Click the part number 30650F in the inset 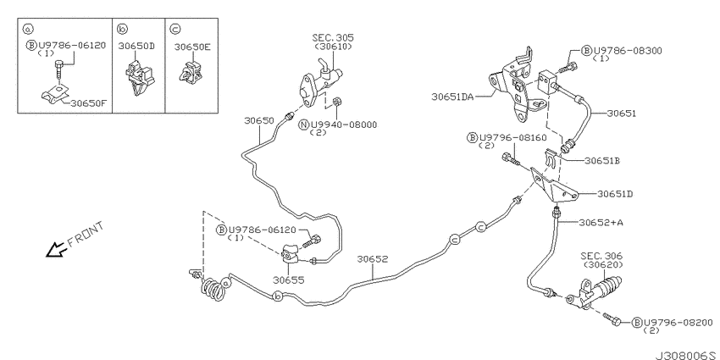(88, 102)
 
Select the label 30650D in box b (136, 46)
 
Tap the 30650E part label (192, 47)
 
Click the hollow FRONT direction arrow (58, 249)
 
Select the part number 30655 (288, 280)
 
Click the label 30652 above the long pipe (373, 259)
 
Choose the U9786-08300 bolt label (628, 51)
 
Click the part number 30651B (602, 161)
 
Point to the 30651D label (615, 194)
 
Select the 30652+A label (601, 223)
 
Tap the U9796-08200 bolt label (678, 323)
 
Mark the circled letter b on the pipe (277, 297)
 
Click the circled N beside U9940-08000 (303, 125)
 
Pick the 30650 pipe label (259, 121)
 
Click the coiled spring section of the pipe (214, 290)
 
